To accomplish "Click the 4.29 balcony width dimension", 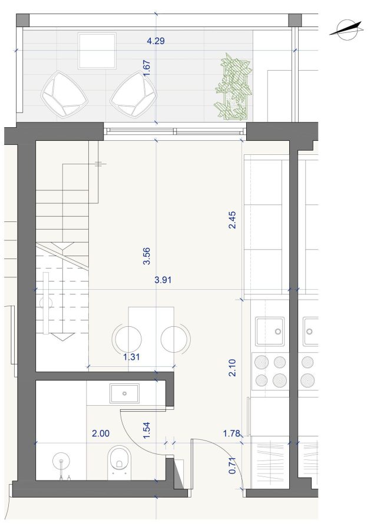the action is [155, 41].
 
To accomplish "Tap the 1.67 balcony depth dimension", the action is [147, 69].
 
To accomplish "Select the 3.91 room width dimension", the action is [163, 280].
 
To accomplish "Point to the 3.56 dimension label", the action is [147, 256].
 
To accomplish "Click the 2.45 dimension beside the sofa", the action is [232, 220].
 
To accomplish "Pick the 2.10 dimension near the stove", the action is [232, 367].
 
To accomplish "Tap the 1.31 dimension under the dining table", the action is [131, 357].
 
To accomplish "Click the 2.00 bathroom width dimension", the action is [101, 433].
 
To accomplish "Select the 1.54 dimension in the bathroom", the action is [147, 430].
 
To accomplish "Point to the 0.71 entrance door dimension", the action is [232, 465].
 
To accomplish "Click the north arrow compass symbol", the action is [346, 31].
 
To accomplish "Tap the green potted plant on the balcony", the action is [233, 87].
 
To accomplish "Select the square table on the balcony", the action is [97, 51].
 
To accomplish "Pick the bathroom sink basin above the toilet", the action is [124, 393].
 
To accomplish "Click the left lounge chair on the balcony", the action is [64, 95].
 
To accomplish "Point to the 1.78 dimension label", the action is [231, 433].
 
